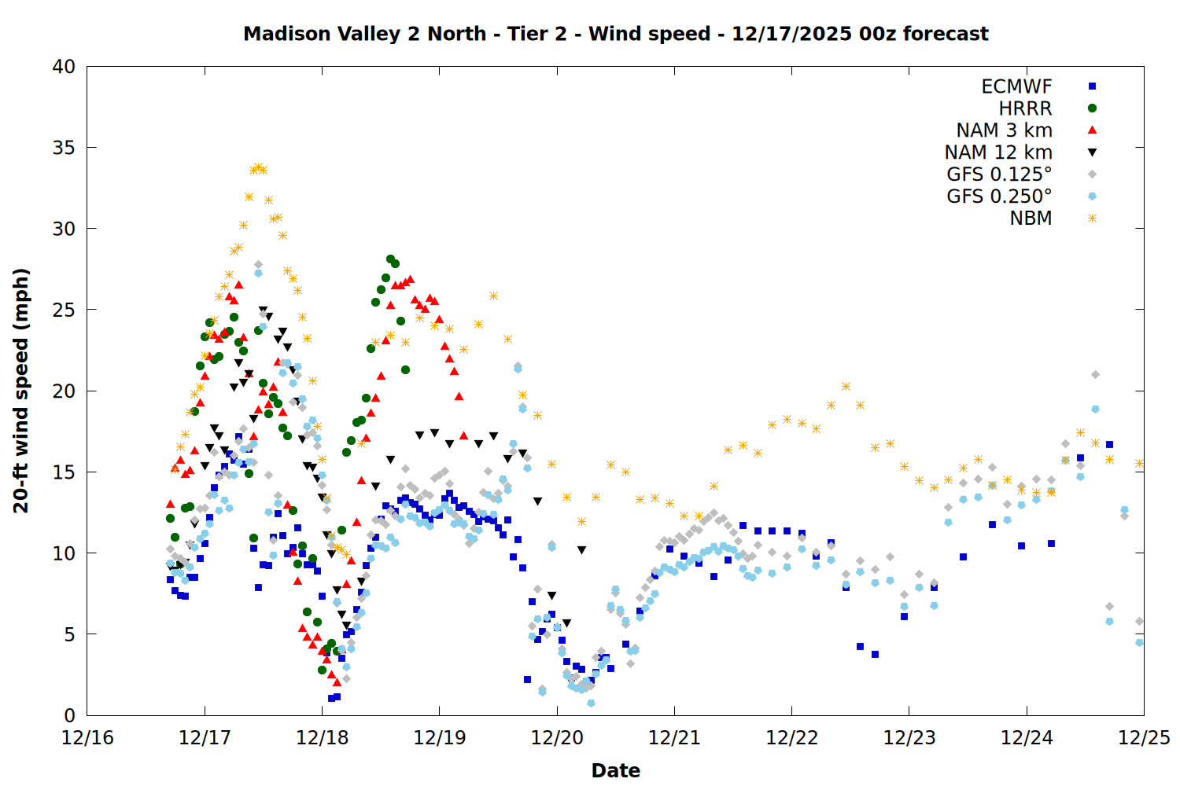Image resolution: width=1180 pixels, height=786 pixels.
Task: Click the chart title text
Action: coord(615,34)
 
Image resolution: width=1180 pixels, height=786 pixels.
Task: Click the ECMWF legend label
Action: coord(1016,86)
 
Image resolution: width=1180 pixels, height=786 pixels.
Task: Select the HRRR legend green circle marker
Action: coord(1092,108)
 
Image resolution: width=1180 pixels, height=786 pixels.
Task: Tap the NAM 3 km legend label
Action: coord(1004,130)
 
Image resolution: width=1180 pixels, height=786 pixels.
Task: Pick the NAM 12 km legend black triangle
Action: coord(1092,152)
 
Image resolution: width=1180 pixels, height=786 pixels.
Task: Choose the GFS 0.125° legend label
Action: coord(999,174)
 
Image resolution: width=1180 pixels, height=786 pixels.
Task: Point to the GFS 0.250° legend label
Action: coord(999,196)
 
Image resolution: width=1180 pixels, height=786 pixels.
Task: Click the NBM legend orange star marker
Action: coord(1092,219)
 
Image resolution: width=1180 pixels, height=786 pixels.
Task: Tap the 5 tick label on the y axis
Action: coord(69,634)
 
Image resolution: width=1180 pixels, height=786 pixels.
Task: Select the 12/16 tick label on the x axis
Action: coord(87,738)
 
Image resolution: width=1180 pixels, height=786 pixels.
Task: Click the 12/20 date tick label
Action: coord(557,738)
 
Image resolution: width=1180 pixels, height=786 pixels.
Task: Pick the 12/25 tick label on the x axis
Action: coord(1144,738)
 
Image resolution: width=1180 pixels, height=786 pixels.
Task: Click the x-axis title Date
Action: coord(615,770)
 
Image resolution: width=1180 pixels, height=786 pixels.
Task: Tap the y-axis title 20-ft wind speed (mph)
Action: coord(21,391)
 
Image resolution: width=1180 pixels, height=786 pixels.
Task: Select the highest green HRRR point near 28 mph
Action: coord(390,259)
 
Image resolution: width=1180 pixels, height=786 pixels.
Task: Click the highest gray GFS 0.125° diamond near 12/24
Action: coord(1095,375)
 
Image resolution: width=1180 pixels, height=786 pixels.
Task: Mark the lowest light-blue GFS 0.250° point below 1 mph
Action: coord(591,703)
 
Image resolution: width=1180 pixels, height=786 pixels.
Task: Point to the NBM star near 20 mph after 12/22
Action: coord(846,386)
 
